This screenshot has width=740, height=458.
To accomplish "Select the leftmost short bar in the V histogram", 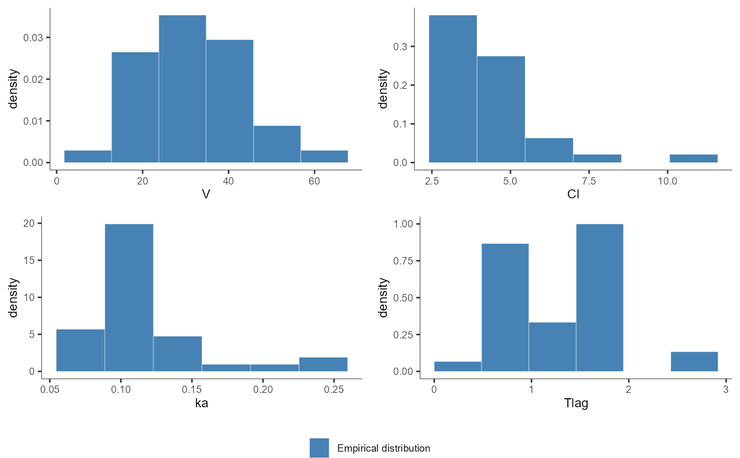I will [88, 157].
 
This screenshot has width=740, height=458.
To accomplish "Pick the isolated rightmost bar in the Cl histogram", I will [693, 158].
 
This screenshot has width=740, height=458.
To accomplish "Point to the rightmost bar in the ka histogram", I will [323, 364].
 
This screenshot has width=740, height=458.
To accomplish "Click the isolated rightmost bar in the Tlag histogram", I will [694, 361].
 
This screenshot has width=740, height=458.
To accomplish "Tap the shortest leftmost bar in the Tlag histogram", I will [458, 366].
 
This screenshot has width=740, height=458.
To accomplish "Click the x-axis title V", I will [206, 195].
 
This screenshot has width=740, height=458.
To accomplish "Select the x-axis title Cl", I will [573, 195].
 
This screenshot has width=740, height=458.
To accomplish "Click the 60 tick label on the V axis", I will [314, 179].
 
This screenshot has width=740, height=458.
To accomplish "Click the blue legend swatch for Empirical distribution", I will [319, 448].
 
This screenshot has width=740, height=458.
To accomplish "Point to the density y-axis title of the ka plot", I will [14, 297].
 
